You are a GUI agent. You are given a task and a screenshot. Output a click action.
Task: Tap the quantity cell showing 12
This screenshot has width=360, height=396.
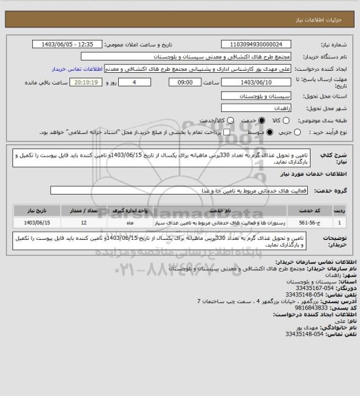click(x=83, y=223)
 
